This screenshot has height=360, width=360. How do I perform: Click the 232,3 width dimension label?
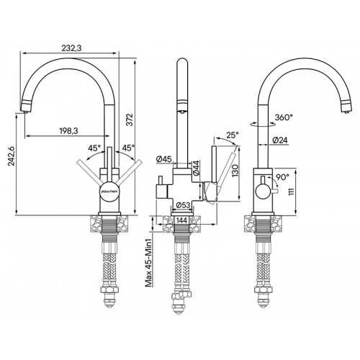click(71, 48)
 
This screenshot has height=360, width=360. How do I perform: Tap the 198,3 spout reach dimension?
click(68, 131)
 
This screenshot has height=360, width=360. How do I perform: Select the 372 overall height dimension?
click(130, 120)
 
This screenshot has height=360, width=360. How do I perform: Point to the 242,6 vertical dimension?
click(12, 156)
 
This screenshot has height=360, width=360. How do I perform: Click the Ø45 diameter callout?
click(163, 159)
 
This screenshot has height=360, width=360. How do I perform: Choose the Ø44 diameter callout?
click(196, 168)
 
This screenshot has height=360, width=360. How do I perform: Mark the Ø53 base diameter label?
click(183, 205)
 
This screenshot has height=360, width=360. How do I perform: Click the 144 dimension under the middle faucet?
click(181, 220)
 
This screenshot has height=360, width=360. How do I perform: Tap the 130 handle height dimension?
click(235, 171)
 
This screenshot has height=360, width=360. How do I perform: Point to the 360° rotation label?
click(284, 117)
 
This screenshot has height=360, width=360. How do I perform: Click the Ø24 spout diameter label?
click(280, 140)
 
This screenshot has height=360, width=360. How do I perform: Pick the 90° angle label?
click(282, 177)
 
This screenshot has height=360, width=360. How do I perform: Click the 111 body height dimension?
click(291, 192)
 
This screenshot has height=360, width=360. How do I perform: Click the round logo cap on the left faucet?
click(109, 192)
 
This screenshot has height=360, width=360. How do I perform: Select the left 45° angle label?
click(94, 148)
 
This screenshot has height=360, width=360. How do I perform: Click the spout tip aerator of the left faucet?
click(26, 106)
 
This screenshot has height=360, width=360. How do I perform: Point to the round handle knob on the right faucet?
click(264, 192)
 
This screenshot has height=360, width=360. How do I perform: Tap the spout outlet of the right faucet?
click(347, 107)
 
